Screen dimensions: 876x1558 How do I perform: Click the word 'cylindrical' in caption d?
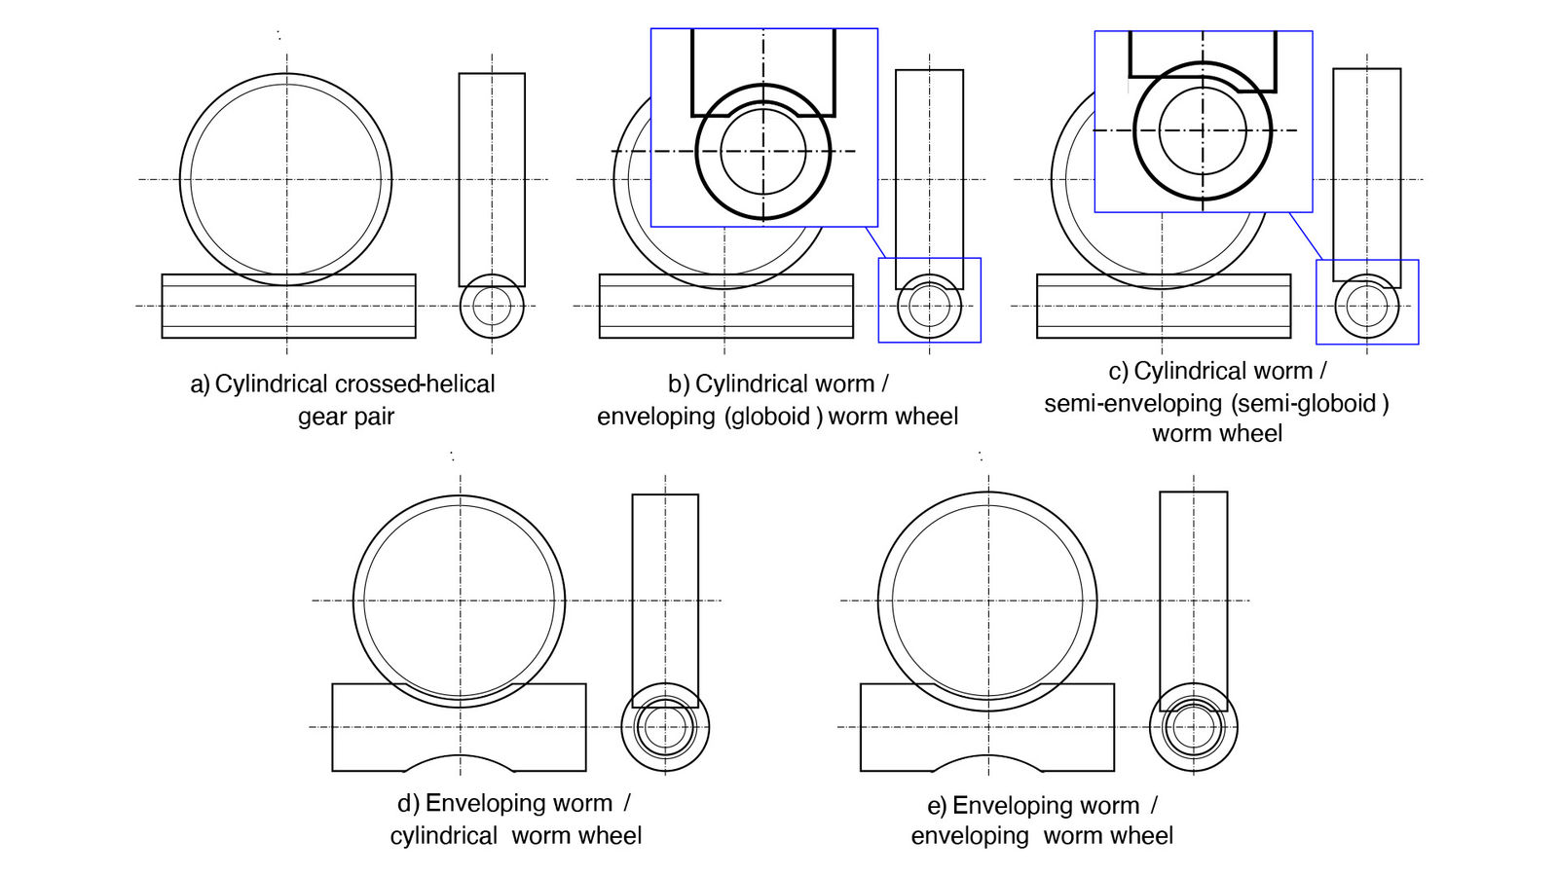click(443, 836)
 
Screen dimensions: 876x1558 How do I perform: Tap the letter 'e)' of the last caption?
click(937, 806)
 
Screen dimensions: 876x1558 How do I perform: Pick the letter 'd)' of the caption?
click(408, 804)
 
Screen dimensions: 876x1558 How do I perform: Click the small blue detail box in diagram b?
click(929, 300)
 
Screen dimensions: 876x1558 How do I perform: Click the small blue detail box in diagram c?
click(1366, 302)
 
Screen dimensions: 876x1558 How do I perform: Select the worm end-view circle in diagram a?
click(492, 306)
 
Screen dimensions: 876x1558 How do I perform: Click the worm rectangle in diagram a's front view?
click(288, 306)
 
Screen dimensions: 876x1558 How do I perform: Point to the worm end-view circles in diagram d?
click(665, 726)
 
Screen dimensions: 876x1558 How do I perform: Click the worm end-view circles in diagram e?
click(1193, 727)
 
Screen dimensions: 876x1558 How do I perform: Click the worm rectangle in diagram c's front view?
click(1163, 306)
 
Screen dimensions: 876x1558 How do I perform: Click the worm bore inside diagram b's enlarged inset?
click(763, 151)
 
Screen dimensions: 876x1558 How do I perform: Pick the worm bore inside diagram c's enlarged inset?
click(1203, 129)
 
